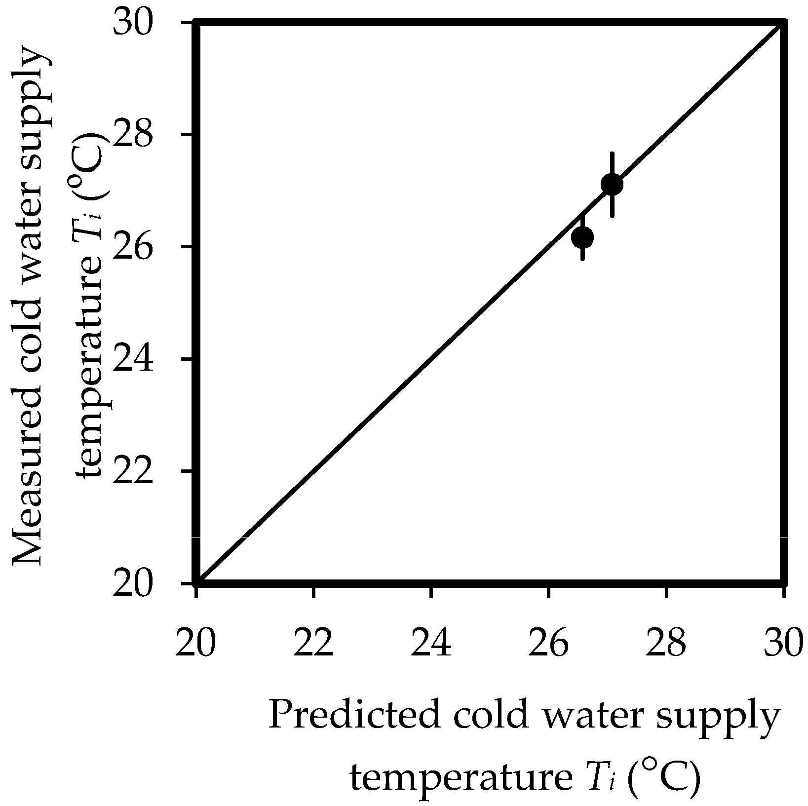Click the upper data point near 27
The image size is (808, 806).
coord(612,184)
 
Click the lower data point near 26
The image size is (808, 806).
coord(582,237)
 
